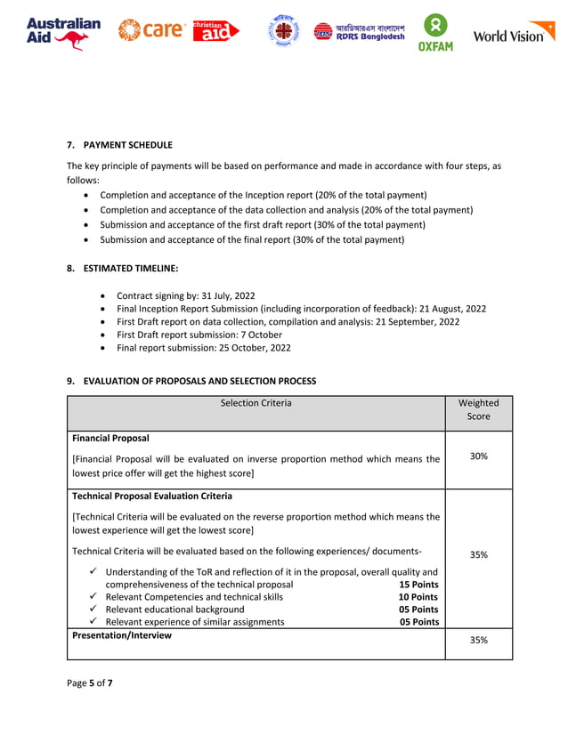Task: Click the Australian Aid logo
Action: pos(63,33)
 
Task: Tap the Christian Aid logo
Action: pos(215,31)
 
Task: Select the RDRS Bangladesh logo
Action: pos(360,33)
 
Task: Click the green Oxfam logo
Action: pos(436,33)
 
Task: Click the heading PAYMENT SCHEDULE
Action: pos(127,144)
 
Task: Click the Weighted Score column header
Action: pos(478,409)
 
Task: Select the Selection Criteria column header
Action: pos(256,403)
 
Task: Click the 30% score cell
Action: pos(478,456)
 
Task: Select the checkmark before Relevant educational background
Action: pos(93,610)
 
